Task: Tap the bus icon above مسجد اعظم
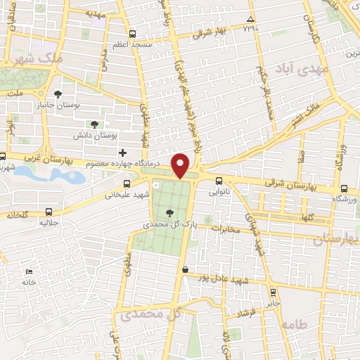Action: pyautogui.click(x=133, y=34)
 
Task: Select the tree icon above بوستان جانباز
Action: pyautogui.click(x=58, y=95)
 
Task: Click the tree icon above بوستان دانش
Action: pyautogui.click(x=94, y=124)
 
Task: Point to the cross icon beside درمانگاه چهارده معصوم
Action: pyautogui.click(x=123, y=153)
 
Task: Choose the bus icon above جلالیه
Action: pyautogui.click(x=49, y=211)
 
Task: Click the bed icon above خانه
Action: pyautogui.click(x=28, y=271)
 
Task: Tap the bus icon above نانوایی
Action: pyautogui.click(x=219, y=180)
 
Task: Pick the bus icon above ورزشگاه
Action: pyautogui.click(x=343, y=188)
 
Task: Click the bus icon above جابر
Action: pyautogui.click(x=273, y=292)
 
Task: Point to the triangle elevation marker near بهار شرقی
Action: pyautogui.click(x=251, y=19)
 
